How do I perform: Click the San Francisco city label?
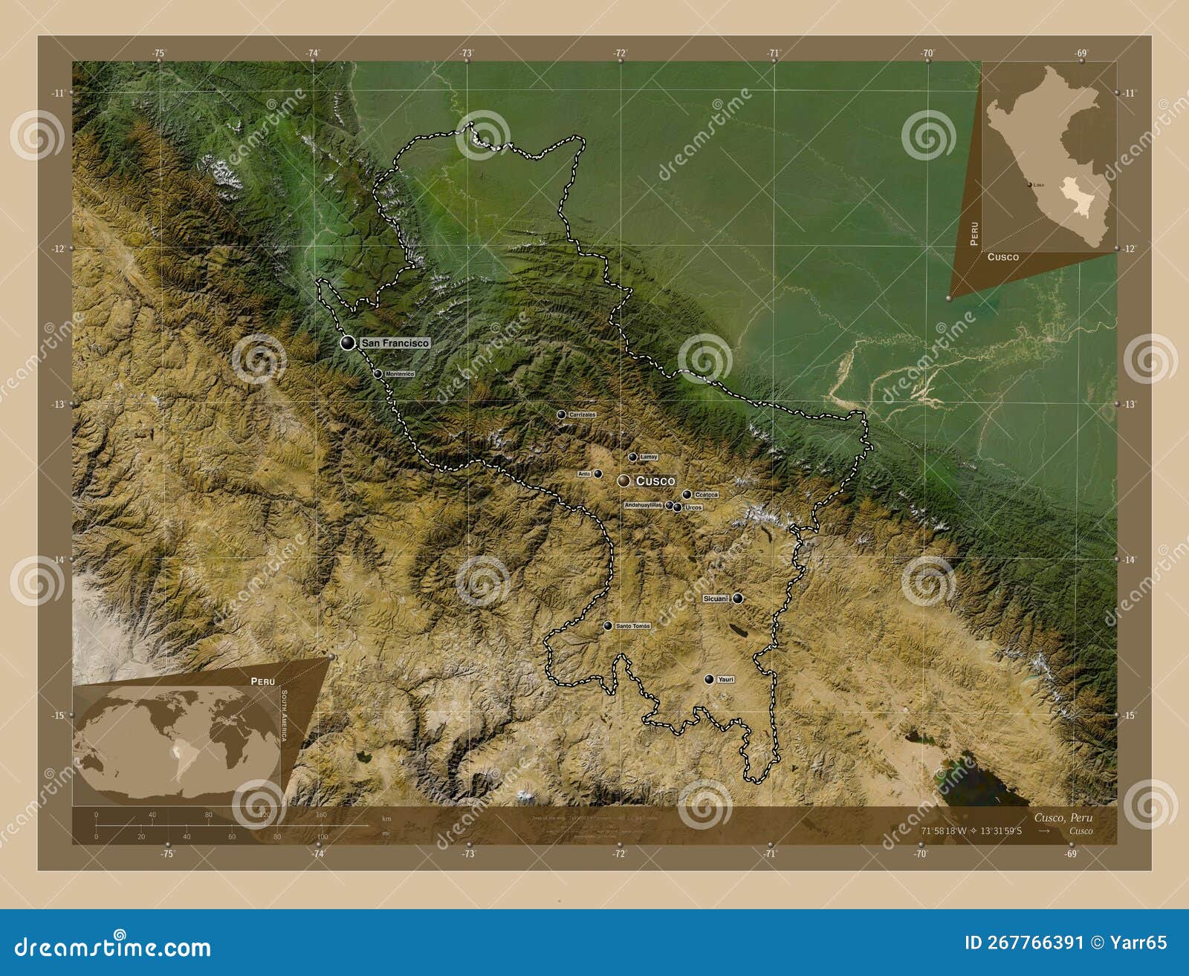coord(395,343)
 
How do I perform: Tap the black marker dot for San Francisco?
coord(347,342)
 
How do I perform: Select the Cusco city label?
coord(655,481)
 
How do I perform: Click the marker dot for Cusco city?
coord(623,481)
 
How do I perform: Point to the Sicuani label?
coord(716,599)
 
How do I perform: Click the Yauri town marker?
coord(709,679)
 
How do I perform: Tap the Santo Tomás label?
coord(632,626)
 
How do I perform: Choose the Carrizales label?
coord(583,414)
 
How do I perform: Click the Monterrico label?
coord(400,374)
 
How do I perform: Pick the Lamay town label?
coord(648,458)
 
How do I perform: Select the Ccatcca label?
coord(706,495)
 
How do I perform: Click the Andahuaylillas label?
coord(643,505)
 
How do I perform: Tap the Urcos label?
coord(693,507)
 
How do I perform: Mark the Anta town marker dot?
coord(598,473)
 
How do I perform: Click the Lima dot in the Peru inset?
coord(1029,184)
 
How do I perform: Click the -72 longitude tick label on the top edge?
coord(619,53)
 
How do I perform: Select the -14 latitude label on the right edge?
coord(1130,560)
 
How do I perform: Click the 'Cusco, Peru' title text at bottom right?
coord(1063,818)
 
